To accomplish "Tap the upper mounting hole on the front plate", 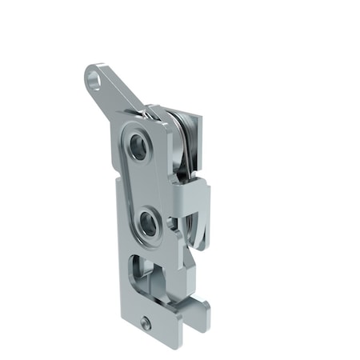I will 140,146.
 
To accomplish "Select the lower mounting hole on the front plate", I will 149,224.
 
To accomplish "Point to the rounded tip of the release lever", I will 90,72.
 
